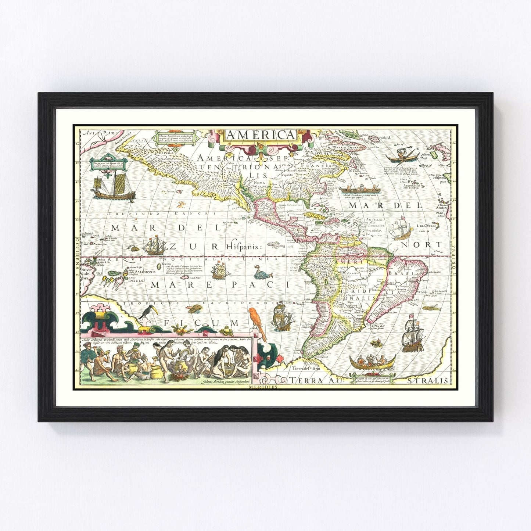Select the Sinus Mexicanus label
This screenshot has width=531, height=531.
(290, 205)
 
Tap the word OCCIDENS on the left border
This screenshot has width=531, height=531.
(77, 254)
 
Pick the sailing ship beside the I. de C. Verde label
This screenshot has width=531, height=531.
(402, 227)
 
